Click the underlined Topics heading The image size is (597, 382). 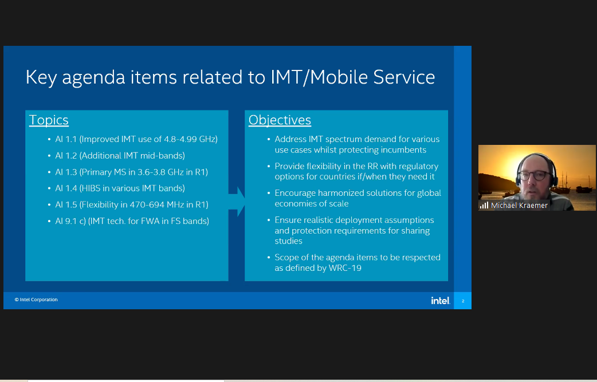pyautogui.click(x=49, y=120)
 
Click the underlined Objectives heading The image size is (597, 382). pyautogui.click(x=280, y=120)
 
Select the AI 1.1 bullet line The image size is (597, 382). pyautogui.click(x=136, y=139)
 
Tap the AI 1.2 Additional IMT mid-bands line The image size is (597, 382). pyautogui.click(x=120, y=156)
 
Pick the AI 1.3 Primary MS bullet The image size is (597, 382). pyautogui.click(x=131, y=172)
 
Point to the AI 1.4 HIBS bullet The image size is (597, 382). pyautogui.click(x=120, y=188)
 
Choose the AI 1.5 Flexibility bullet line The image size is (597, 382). pyautogui.click(x=132, y=204)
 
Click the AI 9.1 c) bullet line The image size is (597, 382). pyautogui.click(x=132, y=221)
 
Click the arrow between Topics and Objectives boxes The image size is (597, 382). pyautogui.click(x=237, y=202)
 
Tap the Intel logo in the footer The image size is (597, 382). pyautogui.click(x=441, y=301)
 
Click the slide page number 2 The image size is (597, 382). pyautogui.click(x=463, y=301)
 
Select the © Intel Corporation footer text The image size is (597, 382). pyautogui.click(x=36, y=300)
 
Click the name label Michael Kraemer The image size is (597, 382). pyautogui.click(x=519, y=206)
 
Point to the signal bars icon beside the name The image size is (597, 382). pyautogui.click(x=484, y=206)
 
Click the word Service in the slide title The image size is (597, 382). pyautogui.click(x=404, y=77)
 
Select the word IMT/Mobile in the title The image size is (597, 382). pyautogui.click(x=320, y=77)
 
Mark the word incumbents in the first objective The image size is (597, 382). pyautogui.click(x=402, y=150)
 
